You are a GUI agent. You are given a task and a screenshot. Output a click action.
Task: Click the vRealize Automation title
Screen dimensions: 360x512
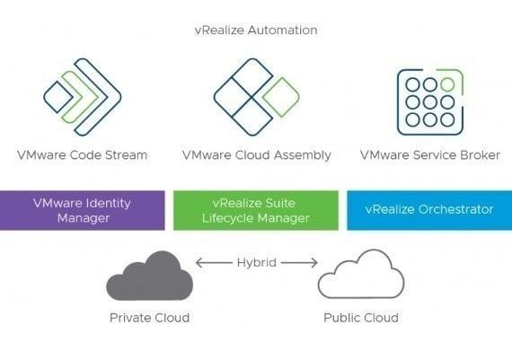click(256, 30)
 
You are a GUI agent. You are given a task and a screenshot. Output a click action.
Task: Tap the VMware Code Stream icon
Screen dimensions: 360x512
click(83, 96)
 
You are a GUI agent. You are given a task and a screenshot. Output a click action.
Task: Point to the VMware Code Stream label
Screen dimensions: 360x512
click(83, 155)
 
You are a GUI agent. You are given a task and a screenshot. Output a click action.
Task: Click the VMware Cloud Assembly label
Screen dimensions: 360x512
click(256, 155)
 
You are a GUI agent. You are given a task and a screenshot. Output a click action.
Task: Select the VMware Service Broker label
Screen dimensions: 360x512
click(428, 155)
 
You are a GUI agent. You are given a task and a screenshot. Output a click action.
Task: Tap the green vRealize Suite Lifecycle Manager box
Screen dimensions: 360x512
click(256, 210)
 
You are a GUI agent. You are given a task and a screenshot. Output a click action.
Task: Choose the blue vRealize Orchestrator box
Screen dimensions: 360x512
click(428, 210)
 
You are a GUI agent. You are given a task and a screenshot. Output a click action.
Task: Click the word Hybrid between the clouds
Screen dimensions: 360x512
click(257, 262)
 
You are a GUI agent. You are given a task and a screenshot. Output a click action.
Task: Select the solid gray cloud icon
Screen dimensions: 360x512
click(148, 276)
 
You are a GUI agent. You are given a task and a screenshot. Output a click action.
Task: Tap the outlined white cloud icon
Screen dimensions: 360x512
click(360, 276)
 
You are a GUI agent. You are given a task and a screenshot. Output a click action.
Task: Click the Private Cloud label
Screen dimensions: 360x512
click(149, 318)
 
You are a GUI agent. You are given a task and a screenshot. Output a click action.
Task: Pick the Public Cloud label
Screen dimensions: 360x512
click(360, 318)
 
